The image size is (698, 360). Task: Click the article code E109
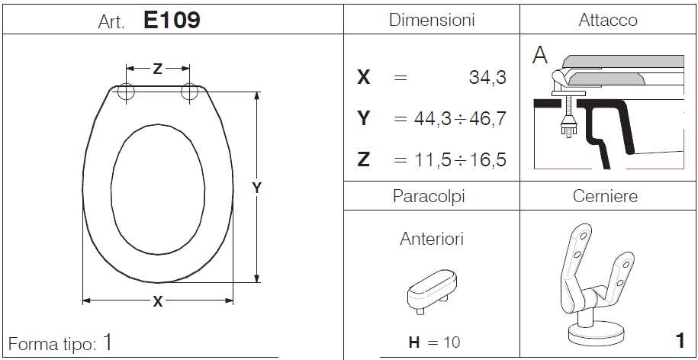pyautogui.click(x=172, y=20)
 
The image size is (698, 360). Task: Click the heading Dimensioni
pyautogui.click(x=432, y=20)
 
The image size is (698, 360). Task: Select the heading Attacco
pyautogui.click(x=608, y=20)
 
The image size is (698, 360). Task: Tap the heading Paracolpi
pyautogui.click(x=429, y=196)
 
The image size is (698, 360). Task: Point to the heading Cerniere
pyautogui.click(x=606, y=196)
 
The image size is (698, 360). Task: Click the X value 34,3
pyautogui.click(x=487, y=79)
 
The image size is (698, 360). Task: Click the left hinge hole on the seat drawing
pyautogui.click(x=126, y=92)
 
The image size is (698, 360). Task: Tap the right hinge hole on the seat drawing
pyautogui.click(x=190, y=92)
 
